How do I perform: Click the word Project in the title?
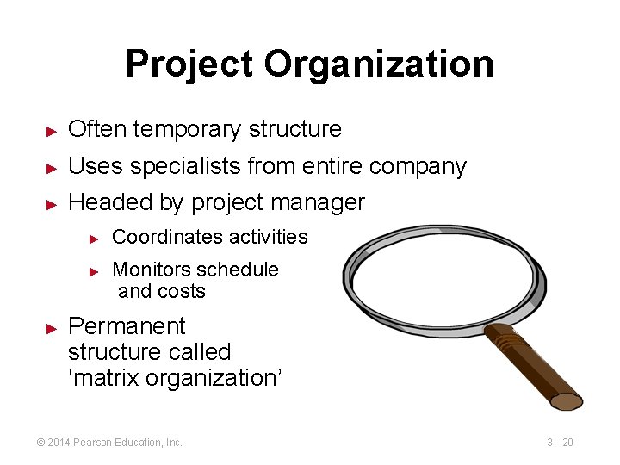click(189, 65)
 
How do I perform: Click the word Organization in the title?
click(379, 65)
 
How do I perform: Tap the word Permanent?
click(126, 326)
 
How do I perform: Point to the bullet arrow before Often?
click(52, 131)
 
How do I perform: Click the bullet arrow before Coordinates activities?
click(96, 238)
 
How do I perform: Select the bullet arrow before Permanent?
click(52, 328)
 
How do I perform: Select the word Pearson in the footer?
click(96, 443)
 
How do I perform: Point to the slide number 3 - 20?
click(560, 443)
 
